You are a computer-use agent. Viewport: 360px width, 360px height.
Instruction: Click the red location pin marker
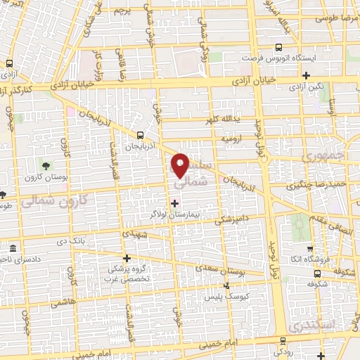pyautogui.click(x=181, y=165)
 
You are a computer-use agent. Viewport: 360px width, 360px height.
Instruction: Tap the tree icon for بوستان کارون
pyautogui.click(x=46, y=166)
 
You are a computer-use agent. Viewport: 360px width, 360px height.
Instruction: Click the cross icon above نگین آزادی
pyautogui.click(x=306, y=75)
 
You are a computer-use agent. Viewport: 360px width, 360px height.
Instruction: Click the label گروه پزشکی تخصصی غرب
pyautogui.click(x=133, y=274)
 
